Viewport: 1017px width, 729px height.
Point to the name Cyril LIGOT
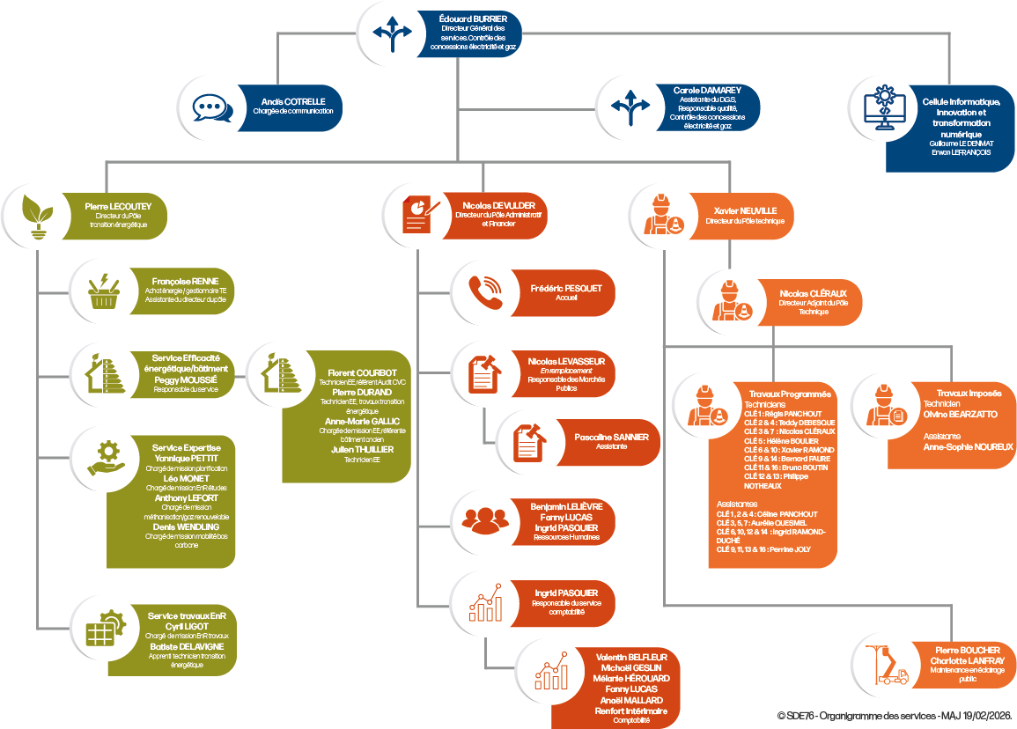pos(186,625)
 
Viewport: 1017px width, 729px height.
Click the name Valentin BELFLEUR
pos(631,657)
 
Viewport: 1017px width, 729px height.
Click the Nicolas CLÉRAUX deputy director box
pos(802,299)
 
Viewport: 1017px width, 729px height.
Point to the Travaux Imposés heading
pos(963,392)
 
